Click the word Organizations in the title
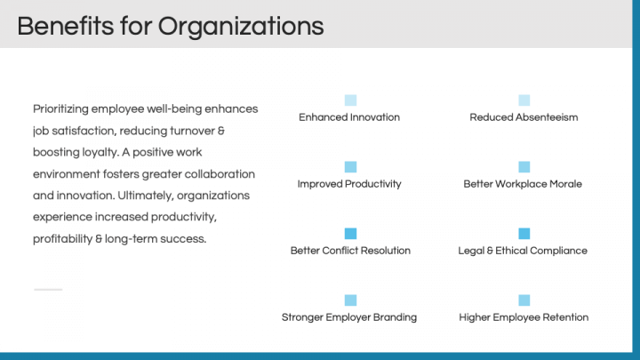point(241,27)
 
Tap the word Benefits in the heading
point(65,26)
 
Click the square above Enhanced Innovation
point(350,100)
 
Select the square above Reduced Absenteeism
point(524,100)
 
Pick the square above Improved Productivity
point(350,166)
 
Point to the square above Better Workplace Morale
point(524,166)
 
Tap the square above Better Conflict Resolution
point(350,234)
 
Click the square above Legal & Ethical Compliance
point(524,234)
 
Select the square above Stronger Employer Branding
point(350,300)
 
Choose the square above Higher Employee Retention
point(524,300)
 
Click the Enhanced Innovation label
point(349,117)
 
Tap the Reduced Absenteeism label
point(524,117)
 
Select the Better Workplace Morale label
point(523,184)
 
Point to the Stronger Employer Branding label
point(349,317)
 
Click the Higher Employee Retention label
point(524,317)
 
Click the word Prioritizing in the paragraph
point(60,109)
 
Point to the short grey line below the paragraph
point(48,290)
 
